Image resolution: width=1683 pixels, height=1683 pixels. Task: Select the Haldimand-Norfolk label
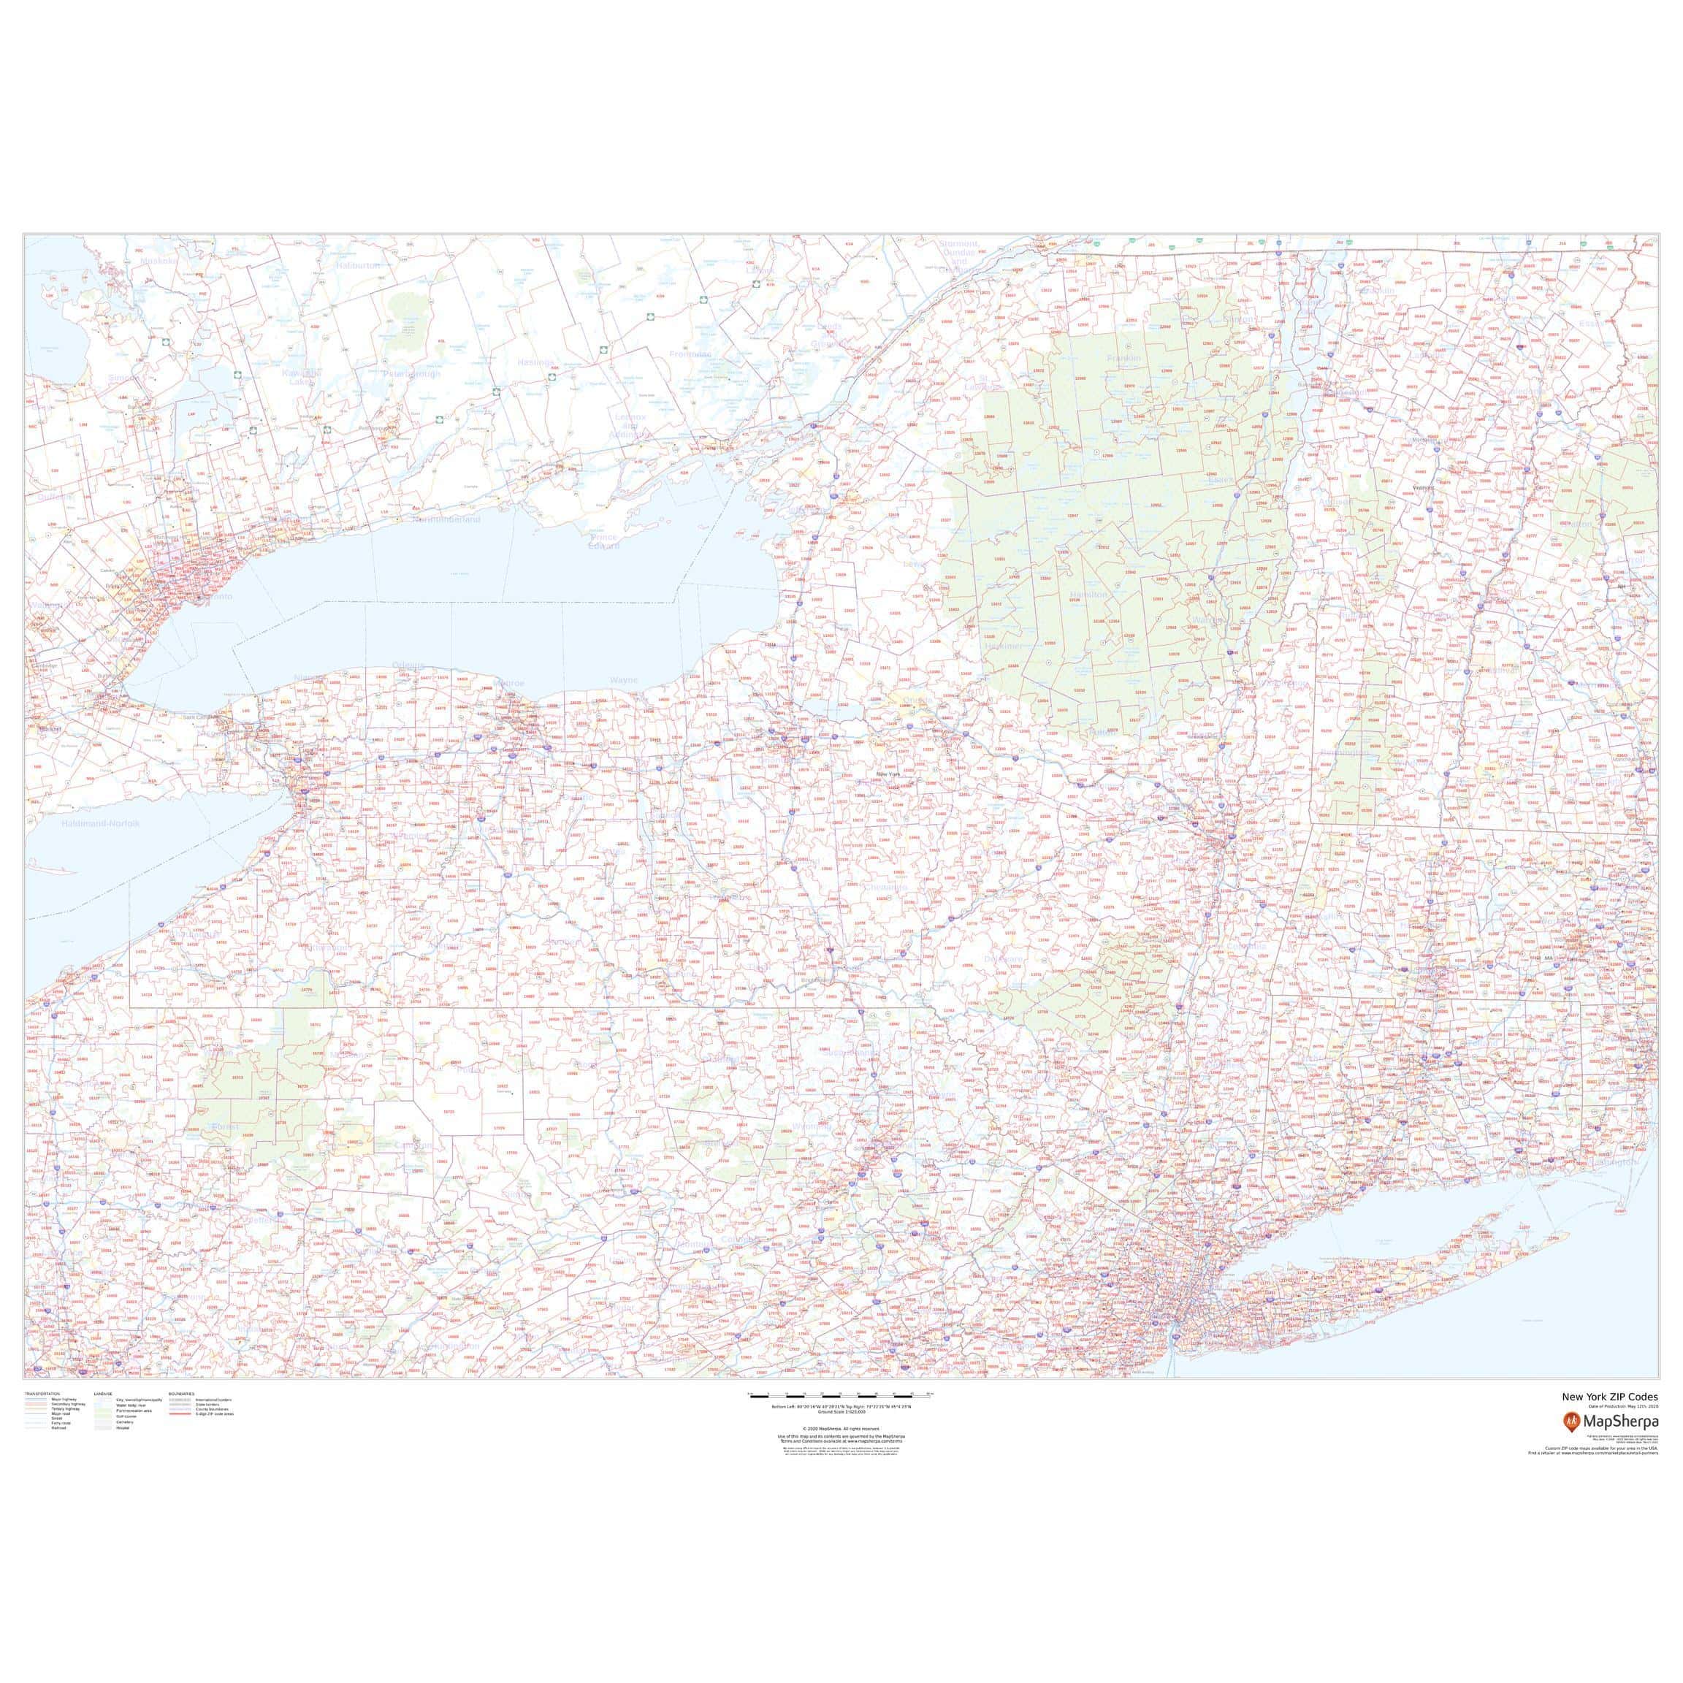(100, 823)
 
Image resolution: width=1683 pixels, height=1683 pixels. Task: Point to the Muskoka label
(158, 259)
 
